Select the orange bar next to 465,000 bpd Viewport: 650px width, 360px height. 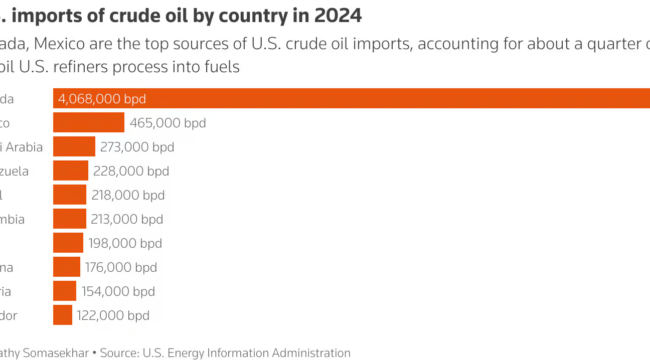[x=88, y=122]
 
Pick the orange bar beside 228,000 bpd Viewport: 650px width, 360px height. [x=70, y=171]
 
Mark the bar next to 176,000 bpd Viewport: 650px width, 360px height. [x=66, y=267]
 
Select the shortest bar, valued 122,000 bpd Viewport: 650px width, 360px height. [x=62, y=315]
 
